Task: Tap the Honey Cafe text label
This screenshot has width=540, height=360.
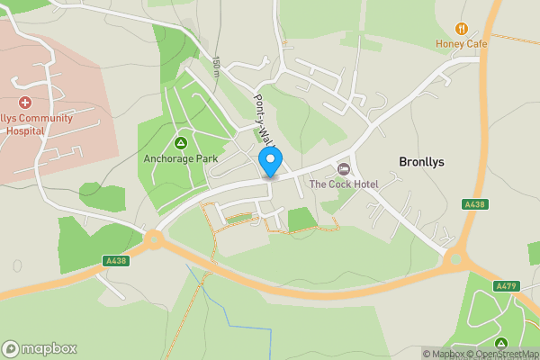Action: click(x=461, y=44)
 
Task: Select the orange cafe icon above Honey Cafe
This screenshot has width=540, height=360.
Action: click(x=462, y=29)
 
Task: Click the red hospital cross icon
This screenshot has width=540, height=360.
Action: click(x=25, y=104)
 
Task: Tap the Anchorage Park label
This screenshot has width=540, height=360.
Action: click(x=181, y=159)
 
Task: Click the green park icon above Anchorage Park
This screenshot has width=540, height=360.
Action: click(x=181, y=144)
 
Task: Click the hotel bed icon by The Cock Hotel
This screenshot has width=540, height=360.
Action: click(x=343, y=169)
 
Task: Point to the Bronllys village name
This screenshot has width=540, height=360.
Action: click(x=422, y=162)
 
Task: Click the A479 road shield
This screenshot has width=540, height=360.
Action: click(x=507, y=286)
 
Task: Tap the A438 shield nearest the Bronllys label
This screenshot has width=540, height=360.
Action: click(x=475, y=205)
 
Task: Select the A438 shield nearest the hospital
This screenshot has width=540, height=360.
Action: click(x=117, y=261)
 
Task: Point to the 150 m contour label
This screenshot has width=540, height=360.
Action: click(x=217, y=67)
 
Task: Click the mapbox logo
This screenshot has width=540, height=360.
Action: click(x=40, y=349)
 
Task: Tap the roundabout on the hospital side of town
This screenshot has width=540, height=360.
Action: click(x=152, y=239)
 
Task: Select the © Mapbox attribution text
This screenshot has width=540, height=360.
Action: click(x=445, y=354)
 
